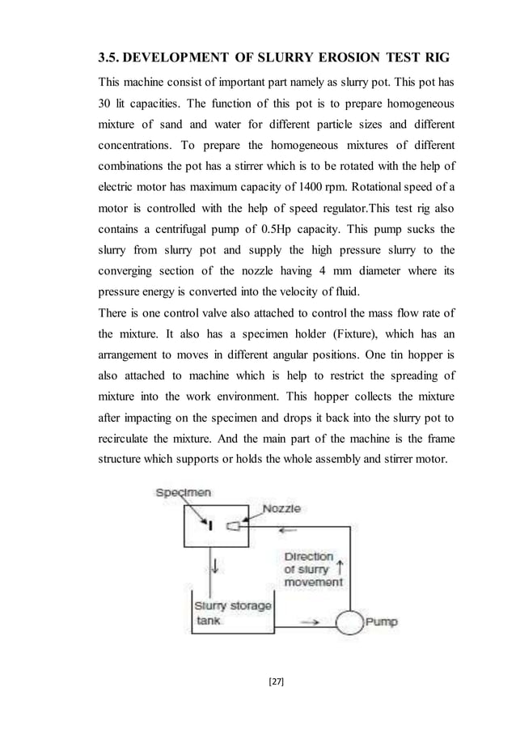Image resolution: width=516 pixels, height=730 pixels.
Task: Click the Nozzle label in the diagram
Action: (x=281, y=508)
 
